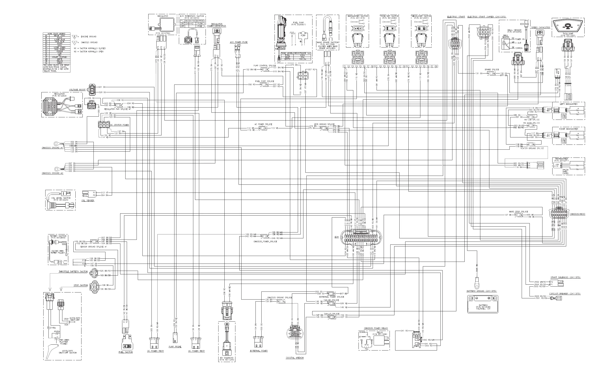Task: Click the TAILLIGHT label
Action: [x=568, y=34]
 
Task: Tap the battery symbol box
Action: [x=483, y=304]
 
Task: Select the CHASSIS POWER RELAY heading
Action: [x=376, y=328]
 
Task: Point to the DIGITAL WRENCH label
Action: [x=295, y=358]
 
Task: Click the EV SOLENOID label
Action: [x=227, y=358]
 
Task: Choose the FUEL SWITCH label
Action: [x=126, y=352]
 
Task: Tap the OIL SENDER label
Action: [x=88, y=201]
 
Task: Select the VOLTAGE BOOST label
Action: [x=77, y=90]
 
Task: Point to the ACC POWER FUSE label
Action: [x=239, y=42]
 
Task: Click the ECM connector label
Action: [x=337, y=237]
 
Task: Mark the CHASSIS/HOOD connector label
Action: [x=578, y=214]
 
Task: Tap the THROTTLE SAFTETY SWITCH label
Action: [x=73, y=272]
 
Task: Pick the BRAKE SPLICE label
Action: [x=492, y=70]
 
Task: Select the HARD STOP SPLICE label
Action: [x=518, y=212]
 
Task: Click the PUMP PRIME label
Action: [x=175, y=347]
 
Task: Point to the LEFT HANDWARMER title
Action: [x=569, y=104]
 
